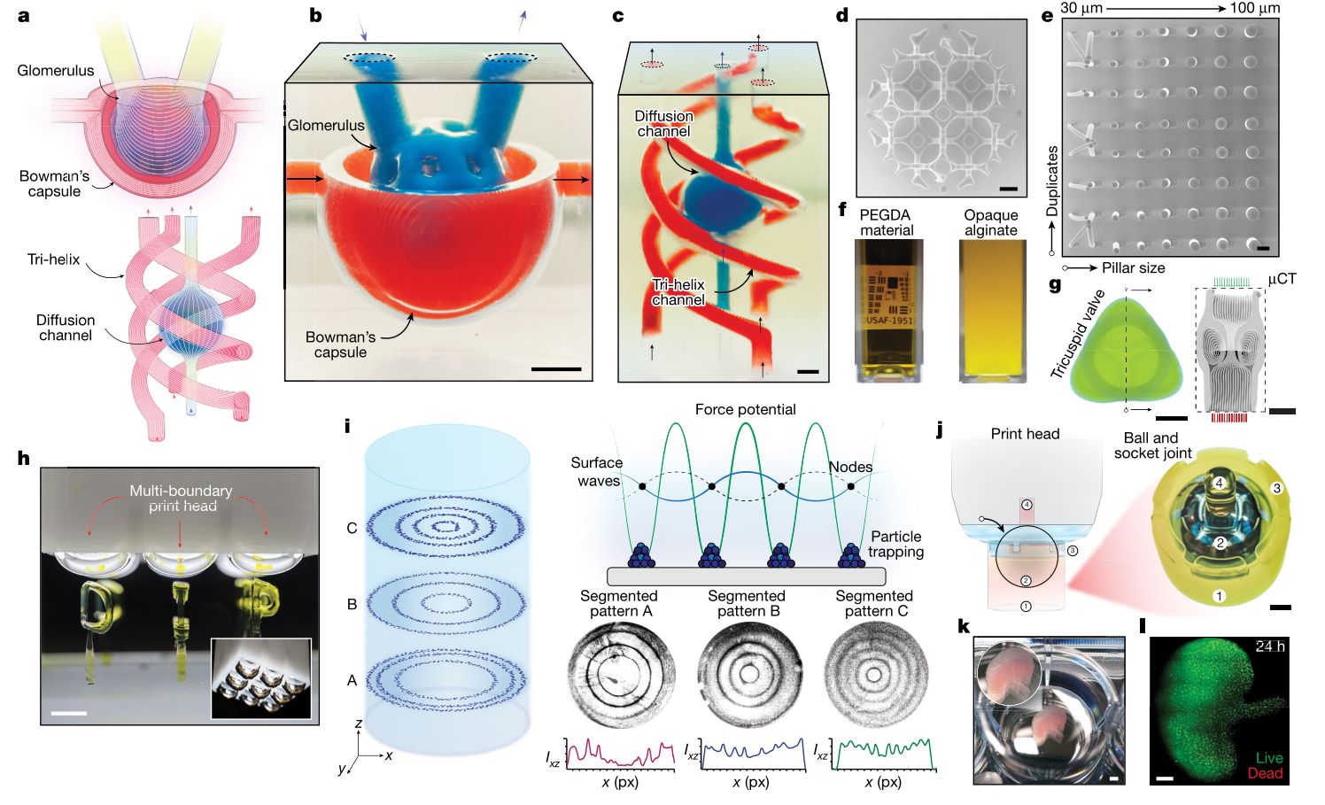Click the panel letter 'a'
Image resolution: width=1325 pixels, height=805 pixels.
23,16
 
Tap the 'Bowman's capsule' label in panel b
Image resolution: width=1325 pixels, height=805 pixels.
340,344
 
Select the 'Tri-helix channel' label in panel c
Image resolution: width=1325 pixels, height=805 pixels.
679,292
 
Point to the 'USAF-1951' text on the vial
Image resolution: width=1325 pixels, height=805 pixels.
887,320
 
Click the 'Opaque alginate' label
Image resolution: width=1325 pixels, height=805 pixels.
990,222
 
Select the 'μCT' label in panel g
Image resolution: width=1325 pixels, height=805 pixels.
1282,278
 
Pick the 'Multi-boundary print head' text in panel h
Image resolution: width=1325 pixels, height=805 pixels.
181,498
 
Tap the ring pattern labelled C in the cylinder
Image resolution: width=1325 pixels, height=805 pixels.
447,528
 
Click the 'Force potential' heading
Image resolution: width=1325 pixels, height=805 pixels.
745,409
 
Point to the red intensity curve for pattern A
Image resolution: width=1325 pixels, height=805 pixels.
620,755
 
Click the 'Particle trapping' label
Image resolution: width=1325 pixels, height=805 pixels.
896,544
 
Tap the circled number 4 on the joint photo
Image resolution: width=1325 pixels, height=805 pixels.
1219,484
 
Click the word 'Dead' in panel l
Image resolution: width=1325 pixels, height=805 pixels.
1265,773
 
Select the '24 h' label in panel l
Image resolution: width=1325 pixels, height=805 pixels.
1269,646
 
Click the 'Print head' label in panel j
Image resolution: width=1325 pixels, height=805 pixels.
1025,434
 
